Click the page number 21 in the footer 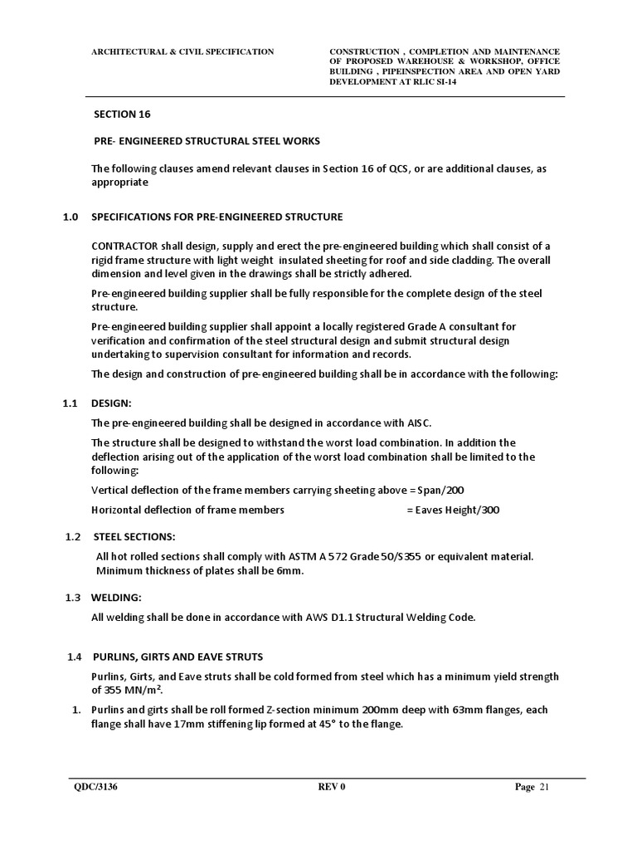[x=545, y=788]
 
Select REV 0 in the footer [x=331, y=788]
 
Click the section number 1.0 [x=71, y=217]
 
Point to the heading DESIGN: [x=111, y=403]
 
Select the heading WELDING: [x=117, y=597]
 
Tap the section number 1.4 [x=75, y=657]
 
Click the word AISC [x=418, y=423]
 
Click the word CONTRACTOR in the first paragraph [x=124, y=247]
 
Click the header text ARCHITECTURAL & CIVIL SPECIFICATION [x=182, y=51]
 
